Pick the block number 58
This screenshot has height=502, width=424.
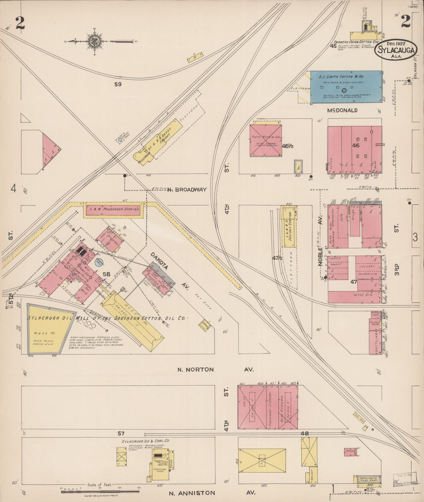[x=106, y=274]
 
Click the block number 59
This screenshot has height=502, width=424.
[x=118, y=84]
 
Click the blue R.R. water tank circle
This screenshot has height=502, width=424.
[x=120, y=140]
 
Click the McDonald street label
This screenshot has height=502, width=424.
[x=342, y=110]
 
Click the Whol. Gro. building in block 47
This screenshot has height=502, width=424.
[x=354, y=297]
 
